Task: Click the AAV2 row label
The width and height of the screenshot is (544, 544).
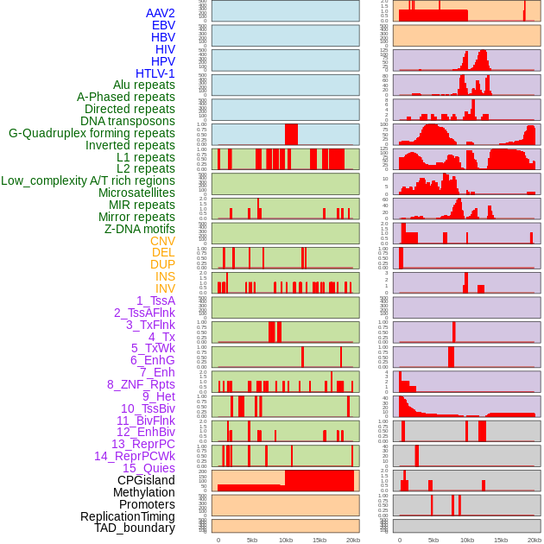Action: pos(161,13)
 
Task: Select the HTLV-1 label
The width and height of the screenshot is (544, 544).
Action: pos(155,73)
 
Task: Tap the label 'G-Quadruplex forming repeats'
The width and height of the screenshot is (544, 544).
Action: pos(92,133)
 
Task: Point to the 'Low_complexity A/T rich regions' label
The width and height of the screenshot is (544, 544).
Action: pos(88,180)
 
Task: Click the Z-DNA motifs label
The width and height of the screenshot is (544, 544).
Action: pos(140,229)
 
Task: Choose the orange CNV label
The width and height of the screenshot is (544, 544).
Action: pos(162,241)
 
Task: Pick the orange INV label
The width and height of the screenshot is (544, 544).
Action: pos(165,288)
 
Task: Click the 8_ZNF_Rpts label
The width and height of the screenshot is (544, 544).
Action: pos(141,384)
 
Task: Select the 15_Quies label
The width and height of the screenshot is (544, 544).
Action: pos(149,468)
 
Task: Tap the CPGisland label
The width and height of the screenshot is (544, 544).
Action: pos(147,480)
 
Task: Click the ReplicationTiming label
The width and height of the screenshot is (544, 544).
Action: pos(128,516)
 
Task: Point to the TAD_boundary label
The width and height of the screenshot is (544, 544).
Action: pos(135,528)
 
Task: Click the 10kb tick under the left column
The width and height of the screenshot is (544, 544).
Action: pos(285,540)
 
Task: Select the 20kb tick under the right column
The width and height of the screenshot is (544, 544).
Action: pos(535,540)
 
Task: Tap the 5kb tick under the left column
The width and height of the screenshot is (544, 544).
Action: pos(252,540)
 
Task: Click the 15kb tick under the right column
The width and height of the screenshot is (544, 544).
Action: pos(501,540)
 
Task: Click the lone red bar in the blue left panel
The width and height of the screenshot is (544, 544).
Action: pos(291,135)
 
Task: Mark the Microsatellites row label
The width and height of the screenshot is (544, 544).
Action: pos(136,193)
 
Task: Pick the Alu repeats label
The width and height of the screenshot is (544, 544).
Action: pos(144,85)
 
